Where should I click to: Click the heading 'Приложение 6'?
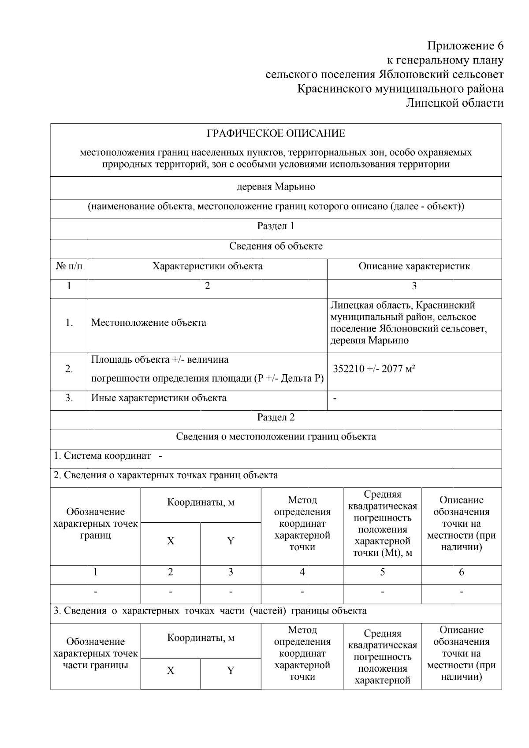tap(465, 46)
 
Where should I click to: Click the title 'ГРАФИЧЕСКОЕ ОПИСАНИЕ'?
tap(276, 133)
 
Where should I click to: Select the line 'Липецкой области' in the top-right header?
tap(454, 103)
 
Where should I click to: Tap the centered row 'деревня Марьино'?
tap(276, 187)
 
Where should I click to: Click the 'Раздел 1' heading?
tap(276, 226)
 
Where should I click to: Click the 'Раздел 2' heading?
tap(276, 417)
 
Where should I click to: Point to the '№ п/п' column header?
tap(69, 266)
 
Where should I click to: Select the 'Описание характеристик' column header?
tap(414, 266)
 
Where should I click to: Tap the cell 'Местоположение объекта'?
tap(149, 323)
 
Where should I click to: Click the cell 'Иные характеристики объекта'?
tap(159, 398)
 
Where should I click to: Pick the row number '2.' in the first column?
tap(69, 369)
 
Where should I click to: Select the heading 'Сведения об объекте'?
tap(276, 246)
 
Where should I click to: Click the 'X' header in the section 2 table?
tap(170, 541)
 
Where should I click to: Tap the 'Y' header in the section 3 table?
tap(230, 670)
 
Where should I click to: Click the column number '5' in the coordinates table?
tap(382, 572)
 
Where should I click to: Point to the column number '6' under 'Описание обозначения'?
tap(461, 572)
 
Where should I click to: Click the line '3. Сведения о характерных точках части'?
tap(210, 611)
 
